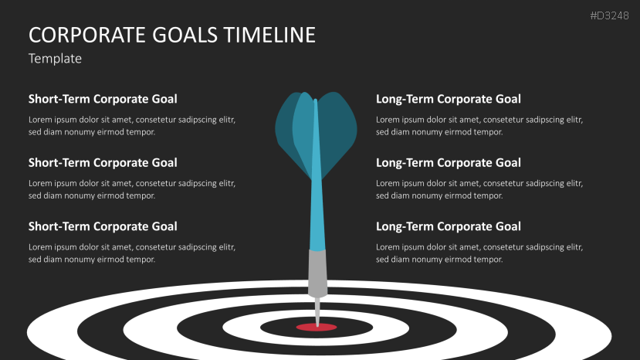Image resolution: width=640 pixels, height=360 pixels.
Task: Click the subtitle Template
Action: pos(55,59)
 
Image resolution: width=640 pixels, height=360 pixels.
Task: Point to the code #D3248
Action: pos(609,15)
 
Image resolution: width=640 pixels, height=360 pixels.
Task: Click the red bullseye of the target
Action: pos(317,328)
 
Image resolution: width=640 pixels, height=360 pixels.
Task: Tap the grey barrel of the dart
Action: pos(317,273)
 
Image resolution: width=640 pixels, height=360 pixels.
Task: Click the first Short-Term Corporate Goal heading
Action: pos(103,99)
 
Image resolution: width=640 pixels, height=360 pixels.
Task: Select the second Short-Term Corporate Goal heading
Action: pos(103,163)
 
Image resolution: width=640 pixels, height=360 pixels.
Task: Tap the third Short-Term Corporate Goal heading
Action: pos(103,226)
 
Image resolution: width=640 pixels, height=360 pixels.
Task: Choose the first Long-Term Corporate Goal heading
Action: pos(449,99)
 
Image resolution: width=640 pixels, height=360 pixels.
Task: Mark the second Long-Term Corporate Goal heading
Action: pos(449,163)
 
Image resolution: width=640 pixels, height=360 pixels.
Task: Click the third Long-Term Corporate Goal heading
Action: pos(449,226)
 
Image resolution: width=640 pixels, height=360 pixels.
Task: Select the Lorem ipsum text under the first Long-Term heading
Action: pos(479,126)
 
